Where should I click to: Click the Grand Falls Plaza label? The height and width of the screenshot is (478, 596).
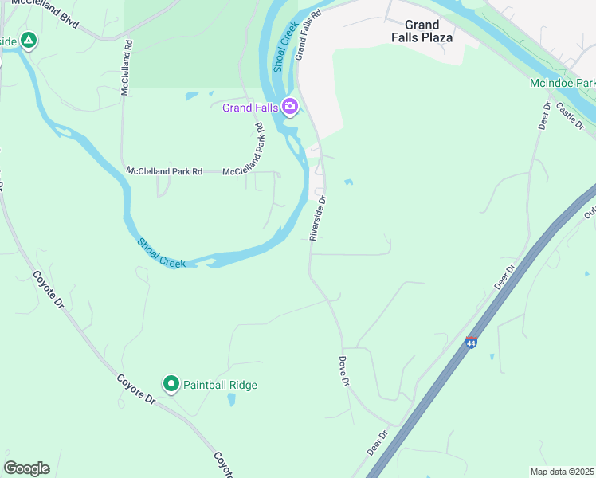tap(422, 31)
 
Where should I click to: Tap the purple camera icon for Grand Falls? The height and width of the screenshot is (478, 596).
tap(290, 106)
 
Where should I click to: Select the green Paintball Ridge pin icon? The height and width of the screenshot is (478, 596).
tap(171, 384)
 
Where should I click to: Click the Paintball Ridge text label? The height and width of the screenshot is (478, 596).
tap(221, 385)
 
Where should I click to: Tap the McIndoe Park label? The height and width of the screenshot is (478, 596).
tap(563, 83)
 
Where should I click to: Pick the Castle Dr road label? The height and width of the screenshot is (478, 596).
tap(571, 116)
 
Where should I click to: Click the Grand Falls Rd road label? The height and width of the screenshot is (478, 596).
tap(307, 36)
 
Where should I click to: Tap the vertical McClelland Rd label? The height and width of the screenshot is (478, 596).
tap(125, 69)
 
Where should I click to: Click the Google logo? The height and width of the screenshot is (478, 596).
tap(26, 468)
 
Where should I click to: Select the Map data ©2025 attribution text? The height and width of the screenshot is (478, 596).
tap(562, 472)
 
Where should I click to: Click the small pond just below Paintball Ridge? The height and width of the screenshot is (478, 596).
tap(230, 400)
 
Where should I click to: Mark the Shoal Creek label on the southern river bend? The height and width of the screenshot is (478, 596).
tap(161, 253)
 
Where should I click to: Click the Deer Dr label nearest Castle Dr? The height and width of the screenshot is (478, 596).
tap(545, 116)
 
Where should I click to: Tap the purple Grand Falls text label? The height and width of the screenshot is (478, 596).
tap(249, 107)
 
